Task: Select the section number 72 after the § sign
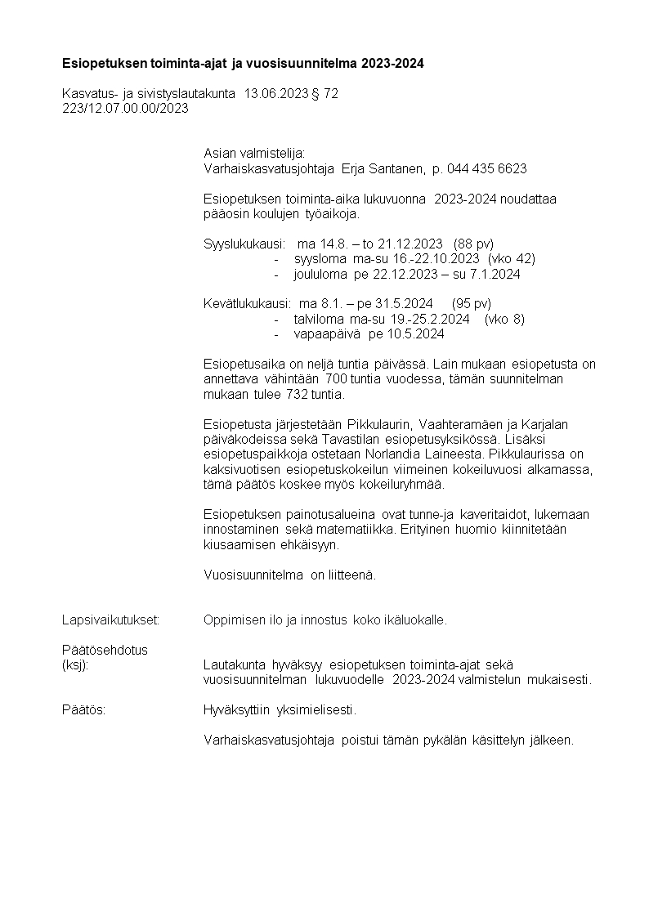[330, 94]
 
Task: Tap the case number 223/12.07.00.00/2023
[125, 108]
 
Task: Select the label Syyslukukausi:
[244, 244]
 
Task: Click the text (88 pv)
[473, 244]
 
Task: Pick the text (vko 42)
[511, 259]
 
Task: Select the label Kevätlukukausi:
[247, 304]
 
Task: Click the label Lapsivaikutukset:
[110, 620]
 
